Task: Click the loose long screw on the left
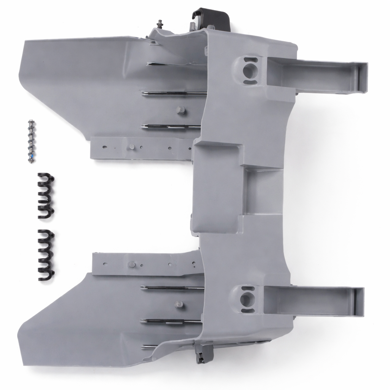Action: click(31, 142)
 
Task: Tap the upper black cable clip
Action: click(46, 196)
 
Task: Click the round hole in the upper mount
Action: click(248, 70)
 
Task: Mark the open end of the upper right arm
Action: click(362, 78)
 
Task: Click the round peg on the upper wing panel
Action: click(181, 110)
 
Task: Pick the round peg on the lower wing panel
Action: click(179, 304)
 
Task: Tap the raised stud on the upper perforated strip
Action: click(131, 147)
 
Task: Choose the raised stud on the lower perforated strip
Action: click(132, 264)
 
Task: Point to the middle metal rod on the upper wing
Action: click(173, 93)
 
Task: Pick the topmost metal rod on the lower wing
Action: click(171, 288)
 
